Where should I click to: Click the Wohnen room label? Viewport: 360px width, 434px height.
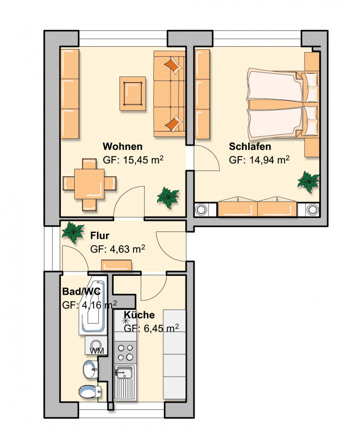122,147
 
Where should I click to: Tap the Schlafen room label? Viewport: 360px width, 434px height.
250,147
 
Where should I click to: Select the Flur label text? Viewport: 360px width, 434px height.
100,235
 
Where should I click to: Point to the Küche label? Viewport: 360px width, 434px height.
139,315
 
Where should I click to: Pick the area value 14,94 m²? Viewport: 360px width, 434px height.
269,160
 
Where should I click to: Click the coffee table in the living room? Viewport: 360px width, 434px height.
133,94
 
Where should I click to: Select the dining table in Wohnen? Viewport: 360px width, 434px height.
89,184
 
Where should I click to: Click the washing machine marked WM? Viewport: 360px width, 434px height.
96,345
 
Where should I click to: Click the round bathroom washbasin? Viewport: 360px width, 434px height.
90,369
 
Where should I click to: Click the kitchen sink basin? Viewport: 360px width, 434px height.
124,372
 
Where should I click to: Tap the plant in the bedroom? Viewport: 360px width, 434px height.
308,182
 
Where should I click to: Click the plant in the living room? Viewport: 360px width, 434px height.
168,198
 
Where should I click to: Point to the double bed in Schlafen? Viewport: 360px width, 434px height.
283,104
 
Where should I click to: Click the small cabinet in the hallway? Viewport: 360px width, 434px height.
116,265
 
